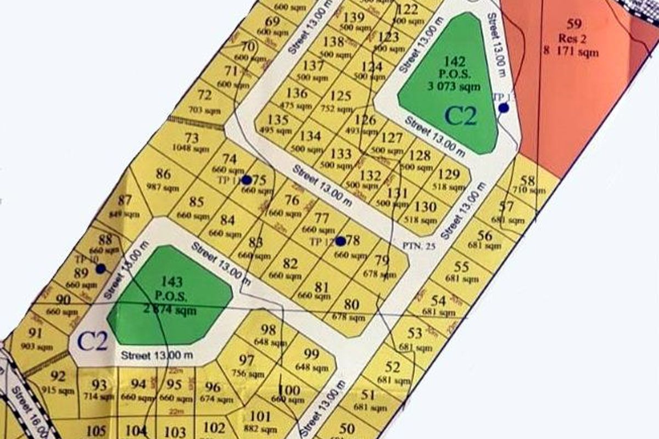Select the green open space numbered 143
(x=170, y=296)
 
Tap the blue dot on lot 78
(x=340, y=241)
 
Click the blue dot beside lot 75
(x=247, y=180)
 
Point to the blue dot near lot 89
(x=100, y=268)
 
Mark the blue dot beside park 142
(x=503, y=108)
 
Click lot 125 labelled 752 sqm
(x=341, y=102)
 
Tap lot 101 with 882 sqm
(x=260, y=421)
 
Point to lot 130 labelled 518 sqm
(x=425, y=212)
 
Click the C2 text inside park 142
(x=460, y=116)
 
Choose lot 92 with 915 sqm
(x=58, y=382)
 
